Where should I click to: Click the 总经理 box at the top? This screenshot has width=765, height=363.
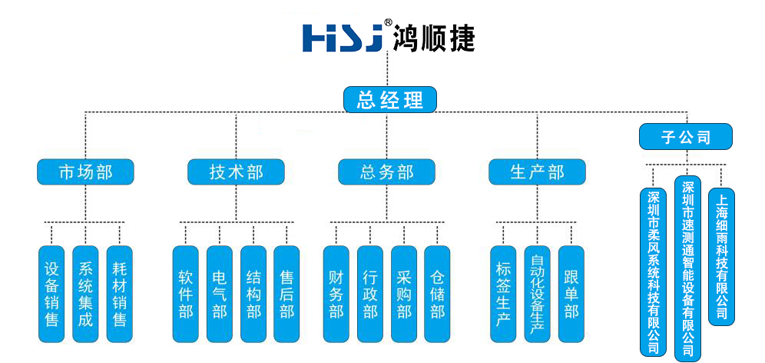[x=389, y=99]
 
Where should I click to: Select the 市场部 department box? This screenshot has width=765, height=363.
[x=85, y=172]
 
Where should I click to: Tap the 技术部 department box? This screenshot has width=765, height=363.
[x=236, y=172]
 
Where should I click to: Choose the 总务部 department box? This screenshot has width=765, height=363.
[x=386, y=172]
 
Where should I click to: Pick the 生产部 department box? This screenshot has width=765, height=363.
[x=537, y=172]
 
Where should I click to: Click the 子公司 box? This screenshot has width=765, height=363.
[x=686, y=137]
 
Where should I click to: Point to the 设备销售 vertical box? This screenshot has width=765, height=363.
[x=51, y=294]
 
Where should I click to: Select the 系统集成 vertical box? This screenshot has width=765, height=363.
[x=85, y=294]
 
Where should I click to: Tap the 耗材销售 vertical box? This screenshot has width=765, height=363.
[x=119, y=294]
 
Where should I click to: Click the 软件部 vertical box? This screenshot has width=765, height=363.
[x=186, y=294]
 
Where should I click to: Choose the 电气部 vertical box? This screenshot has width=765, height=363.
[x=220, y=294]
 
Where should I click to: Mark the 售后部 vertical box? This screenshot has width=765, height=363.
[x=286, y=294]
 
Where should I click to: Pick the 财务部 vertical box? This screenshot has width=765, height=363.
[x=336, y=294]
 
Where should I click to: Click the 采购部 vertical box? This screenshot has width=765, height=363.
[x=404, y=294]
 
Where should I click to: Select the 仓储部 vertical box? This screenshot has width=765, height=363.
[x=438, y=294]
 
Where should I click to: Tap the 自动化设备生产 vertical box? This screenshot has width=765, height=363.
[x=537, y=294]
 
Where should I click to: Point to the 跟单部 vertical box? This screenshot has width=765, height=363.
[x=571, y=294]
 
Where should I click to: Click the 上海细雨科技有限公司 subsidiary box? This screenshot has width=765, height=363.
[x=721, y=256]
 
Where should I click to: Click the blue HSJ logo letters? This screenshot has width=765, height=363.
[x=343, y=38]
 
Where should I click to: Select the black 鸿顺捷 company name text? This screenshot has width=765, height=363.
[x=433, y=37]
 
